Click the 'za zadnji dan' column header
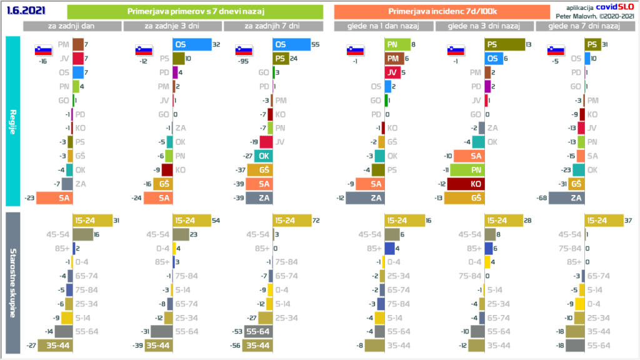(72, 26)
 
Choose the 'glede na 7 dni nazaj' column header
(584, 26)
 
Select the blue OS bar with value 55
(291, 44)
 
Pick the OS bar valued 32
(192, 44)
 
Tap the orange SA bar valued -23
(54, 198)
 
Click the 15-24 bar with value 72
(292, 221)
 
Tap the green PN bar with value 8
(397, 44)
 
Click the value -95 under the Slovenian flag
(243, 62)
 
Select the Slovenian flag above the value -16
(43, 51)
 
